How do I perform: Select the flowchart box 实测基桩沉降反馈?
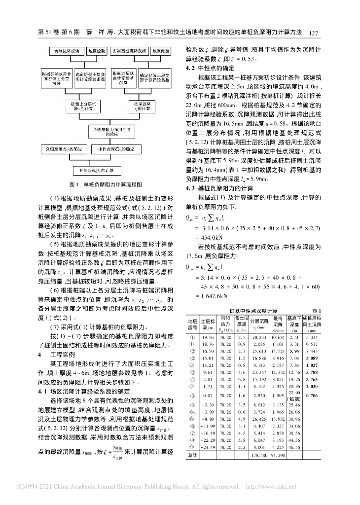click(128, 51)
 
